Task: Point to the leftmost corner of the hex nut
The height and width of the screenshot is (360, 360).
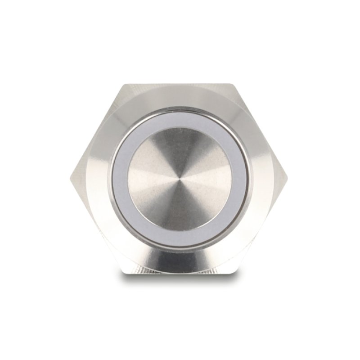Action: [71, 179]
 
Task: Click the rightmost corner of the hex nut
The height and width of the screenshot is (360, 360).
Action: [288, 179]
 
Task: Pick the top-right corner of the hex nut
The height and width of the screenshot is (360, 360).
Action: [234, 84]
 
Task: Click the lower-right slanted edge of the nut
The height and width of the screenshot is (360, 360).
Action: [261, 226]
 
